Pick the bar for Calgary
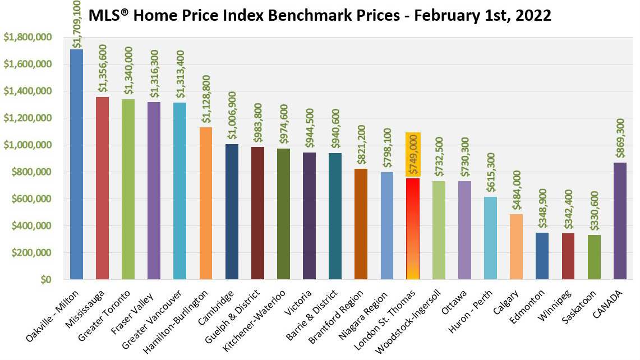516,247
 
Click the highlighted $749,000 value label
412,154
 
